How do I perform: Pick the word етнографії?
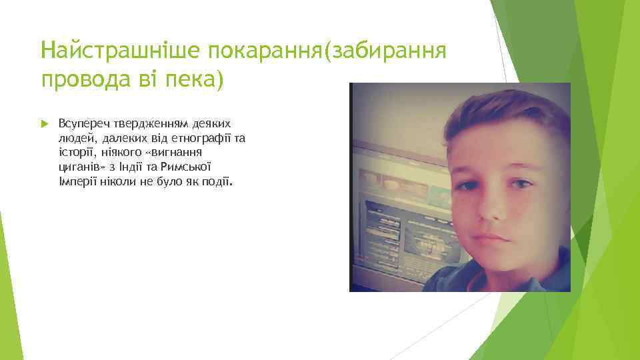coord(193,138)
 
